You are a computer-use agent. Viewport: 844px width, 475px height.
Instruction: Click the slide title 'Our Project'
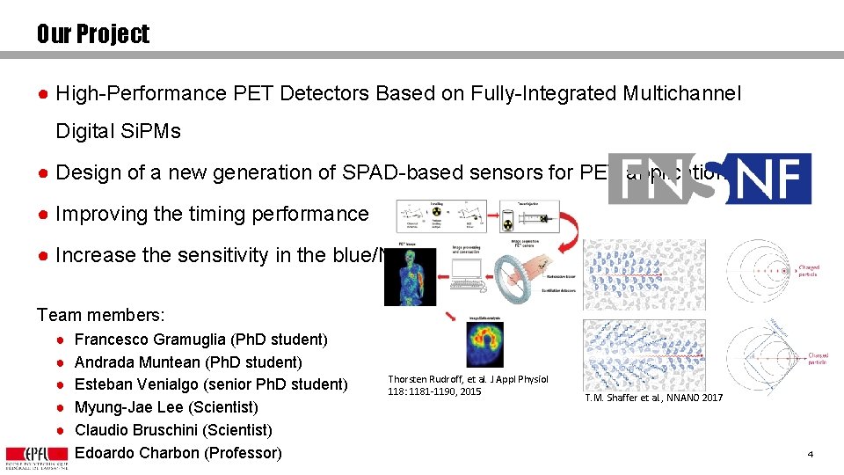click(x=93, y=34)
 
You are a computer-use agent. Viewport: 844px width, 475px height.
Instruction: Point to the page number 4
click(x=810, y=454)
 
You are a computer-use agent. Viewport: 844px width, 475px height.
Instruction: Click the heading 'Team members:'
click(x=101, y=314)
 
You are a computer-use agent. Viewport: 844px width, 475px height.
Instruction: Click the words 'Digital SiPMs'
click(x=118, y=131)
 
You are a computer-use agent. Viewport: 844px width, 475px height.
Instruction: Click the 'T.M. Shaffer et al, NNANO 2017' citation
click(x=654, y=398)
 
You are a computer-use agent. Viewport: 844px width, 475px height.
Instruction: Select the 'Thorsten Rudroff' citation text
click(x=468, y=385)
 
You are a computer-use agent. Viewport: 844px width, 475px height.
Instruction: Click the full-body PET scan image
click(x=410, y=276)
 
